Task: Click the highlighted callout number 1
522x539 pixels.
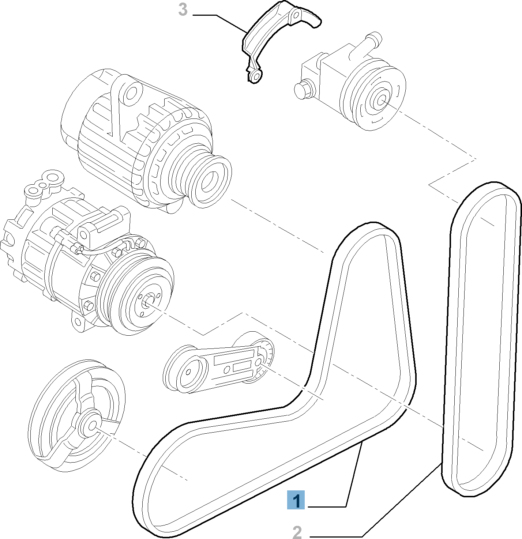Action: coord(296,500)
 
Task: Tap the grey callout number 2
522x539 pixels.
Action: coord(297,532)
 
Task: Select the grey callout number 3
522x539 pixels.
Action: coord(183,10)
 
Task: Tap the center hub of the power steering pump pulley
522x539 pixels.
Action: coord(381,99)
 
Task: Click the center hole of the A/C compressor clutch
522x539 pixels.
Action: coord(148,302)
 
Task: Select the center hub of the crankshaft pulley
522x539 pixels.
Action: coord(92,425)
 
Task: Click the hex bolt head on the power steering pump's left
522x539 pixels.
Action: coord(303,90)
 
